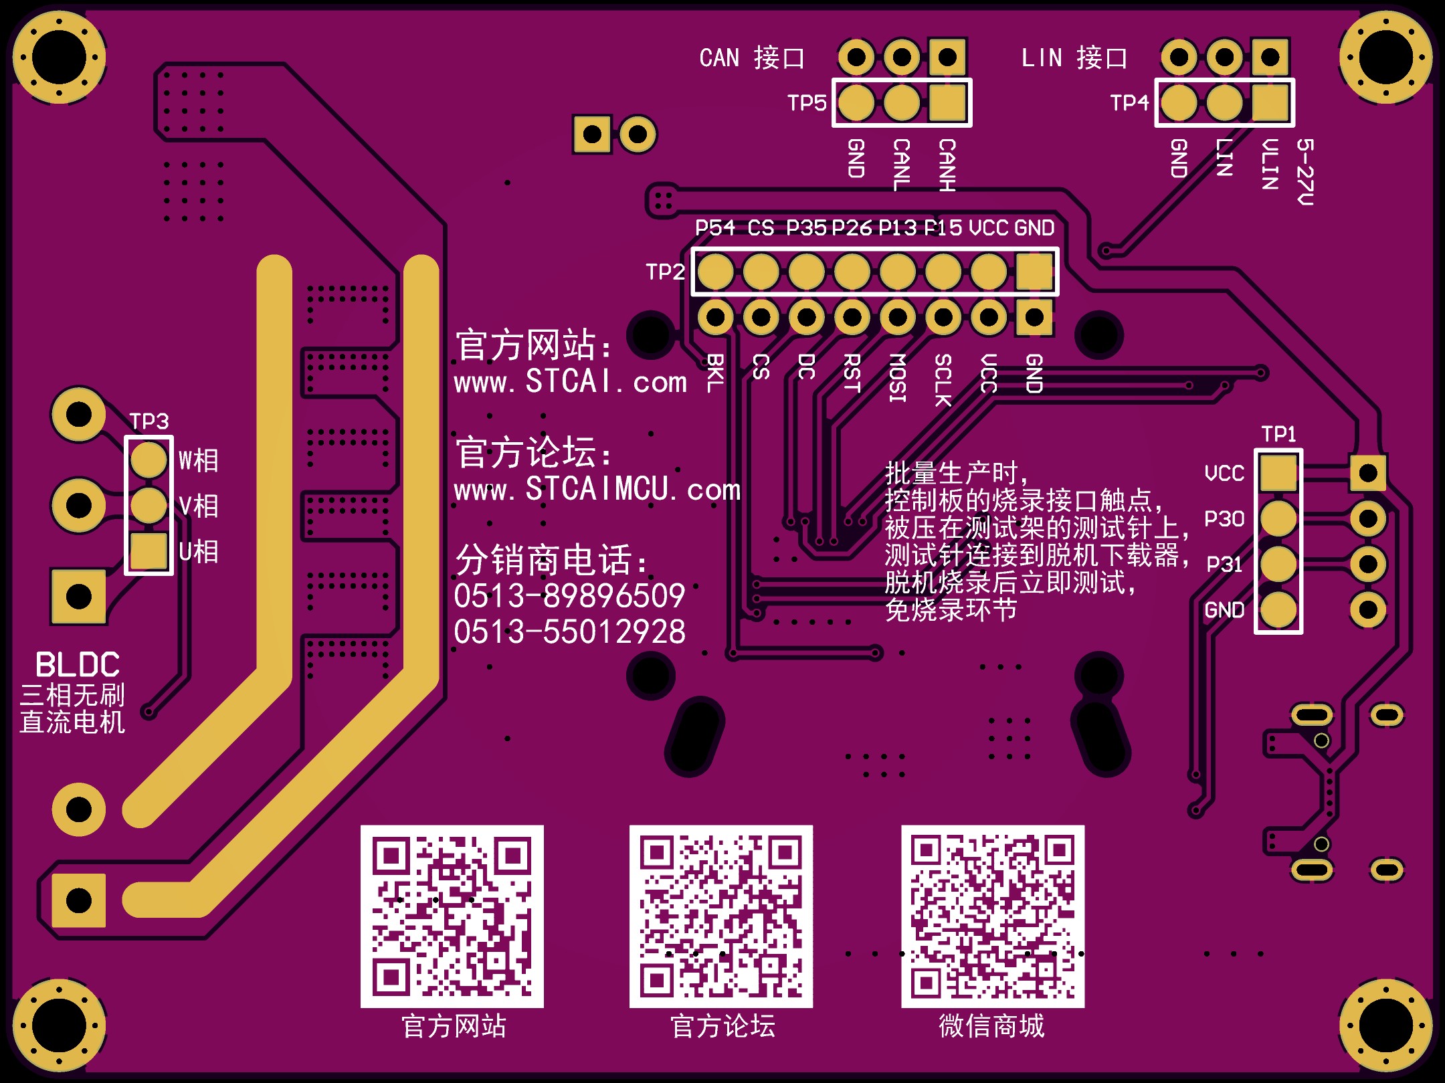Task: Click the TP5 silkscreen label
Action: (x=807, y=103)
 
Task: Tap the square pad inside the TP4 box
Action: (x=1270, y=103)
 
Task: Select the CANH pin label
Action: (x=947, y=165)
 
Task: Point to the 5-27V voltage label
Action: (x=1305, y=172)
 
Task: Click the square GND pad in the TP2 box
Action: (x=1034, y=272)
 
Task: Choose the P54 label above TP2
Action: (x=714, y=228)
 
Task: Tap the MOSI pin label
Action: (x=897, y=378)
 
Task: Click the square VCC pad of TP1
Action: (x=1278, y=473)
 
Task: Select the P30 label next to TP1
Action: (x=1224, y=519)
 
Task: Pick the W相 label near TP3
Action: (x=199, y=460)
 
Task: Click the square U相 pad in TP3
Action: (x=149, y=551)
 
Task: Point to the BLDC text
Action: (x=78, y=665)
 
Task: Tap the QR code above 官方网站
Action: (x=452, y=916)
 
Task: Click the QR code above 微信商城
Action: (x=993, y=916)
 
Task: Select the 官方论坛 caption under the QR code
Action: (x=722, y=1026)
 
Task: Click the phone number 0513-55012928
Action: (x=570, y=632)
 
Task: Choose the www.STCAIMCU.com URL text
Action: (x=597, y=490)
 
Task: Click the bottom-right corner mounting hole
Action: (x=1386, y=1025)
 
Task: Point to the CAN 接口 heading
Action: (x=752, y=58)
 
